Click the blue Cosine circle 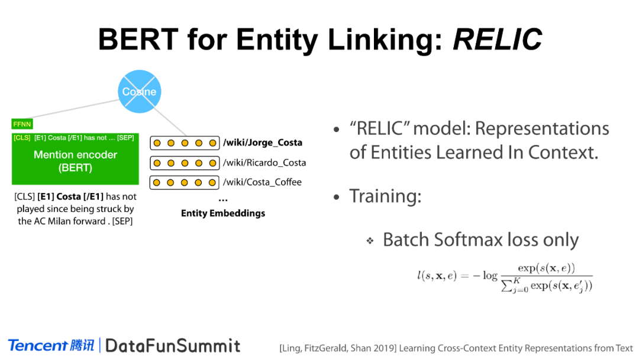coord(140,91)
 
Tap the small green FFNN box coord(22,124)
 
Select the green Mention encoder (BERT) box coord(75,159)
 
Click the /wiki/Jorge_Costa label coord(263,143)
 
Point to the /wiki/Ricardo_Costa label coord(264,163)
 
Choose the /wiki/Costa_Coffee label coord(262,182)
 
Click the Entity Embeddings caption coord(223,213)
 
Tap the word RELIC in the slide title coord(497,40)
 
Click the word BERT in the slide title coord(138,40)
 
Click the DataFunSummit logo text coord(173,346)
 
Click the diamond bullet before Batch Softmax coord(370,240)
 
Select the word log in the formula coord(490,277)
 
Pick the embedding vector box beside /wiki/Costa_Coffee coord(185,182)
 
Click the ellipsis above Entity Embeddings coord(223,200)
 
